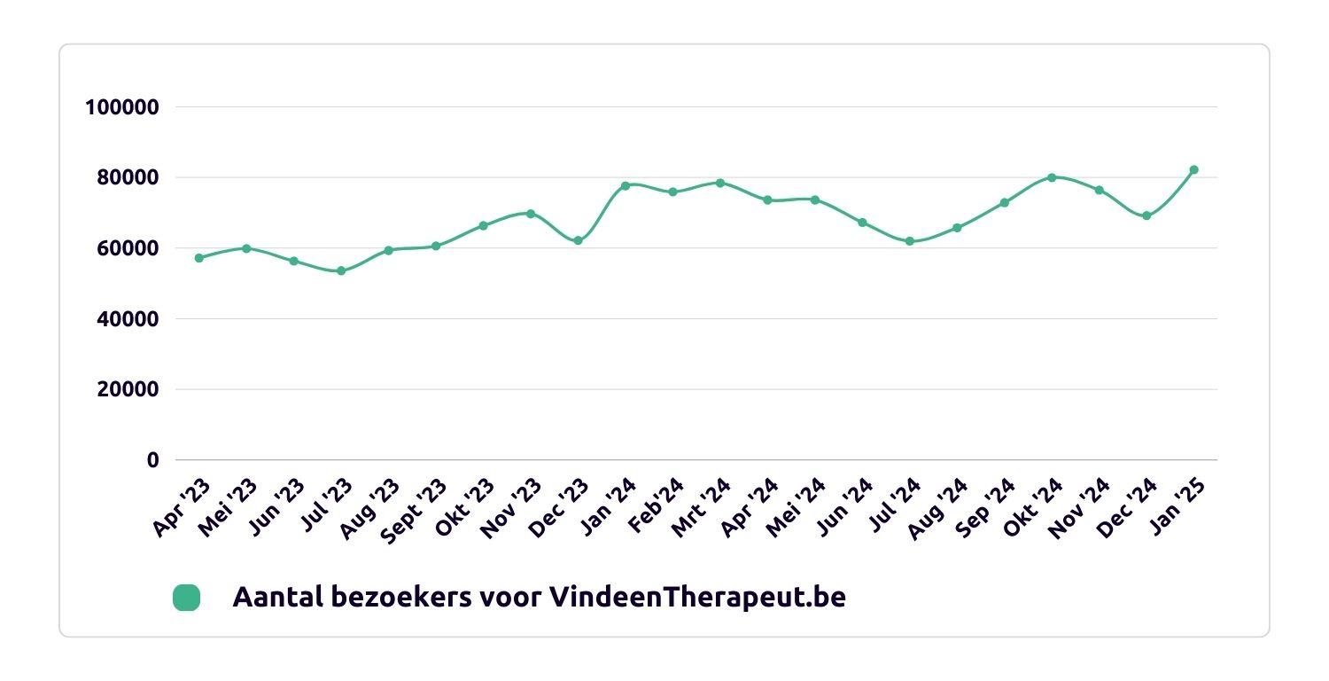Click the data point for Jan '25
click(1193, 169)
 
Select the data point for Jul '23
click(341, 270)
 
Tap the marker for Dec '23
click(578, 240)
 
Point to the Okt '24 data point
click(1052, 177)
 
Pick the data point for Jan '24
click(626, 185)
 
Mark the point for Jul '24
click(909, 241)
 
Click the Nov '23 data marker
click(531, 214)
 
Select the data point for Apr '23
click(199, 258)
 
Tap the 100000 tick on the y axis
click(121, 107)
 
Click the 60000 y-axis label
click(128, 248)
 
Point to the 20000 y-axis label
click(128, 389)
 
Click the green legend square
click(186, 598)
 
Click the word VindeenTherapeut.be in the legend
click(697, 598)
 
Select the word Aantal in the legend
click(269, 598)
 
